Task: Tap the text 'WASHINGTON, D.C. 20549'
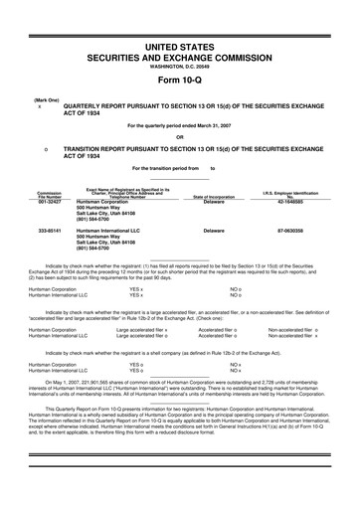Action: tap(180, 70)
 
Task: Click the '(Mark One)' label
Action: tap(45, 100)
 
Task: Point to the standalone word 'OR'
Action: tap(180, 136)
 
